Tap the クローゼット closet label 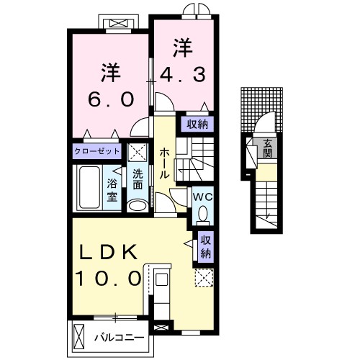(96, 152)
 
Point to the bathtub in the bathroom (90, 188)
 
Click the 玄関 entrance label (267, 147)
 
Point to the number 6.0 (109, 99)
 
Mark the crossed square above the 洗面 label (137, 152)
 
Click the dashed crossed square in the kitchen (203, 278)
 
